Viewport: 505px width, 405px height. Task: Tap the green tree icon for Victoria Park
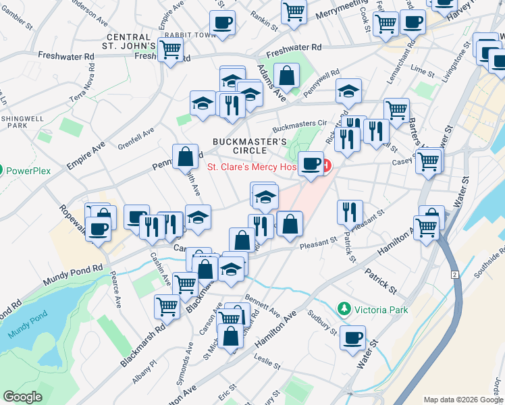click(x=345, y=309)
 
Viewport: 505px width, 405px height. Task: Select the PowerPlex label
click(x=29, y=171)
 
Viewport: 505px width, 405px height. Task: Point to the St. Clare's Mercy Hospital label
click(x=251, y=167)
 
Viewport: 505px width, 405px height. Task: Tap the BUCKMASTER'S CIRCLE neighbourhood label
click(x=249, y=146)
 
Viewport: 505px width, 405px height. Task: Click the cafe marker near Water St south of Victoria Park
click(x=352, y=337)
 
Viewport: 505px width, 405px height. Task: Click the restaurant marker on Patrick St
click(x=350, y=211)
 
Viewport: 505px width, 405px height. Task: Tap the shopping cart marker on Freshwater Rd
click(x=171, y=49)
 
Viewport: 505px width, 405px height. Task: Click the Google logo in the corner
click(x=22, y=397)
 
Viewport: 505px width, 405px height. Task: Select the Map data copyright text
click(x=463, y=400)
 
